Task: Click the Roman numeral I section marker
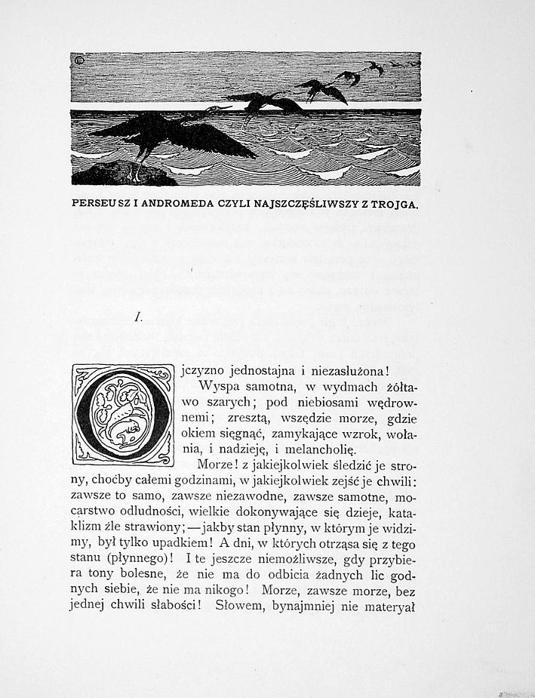click(139, 319)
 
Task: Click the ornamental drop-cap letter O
click(122, 415)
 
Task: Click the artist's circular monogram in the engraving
click(76, 58)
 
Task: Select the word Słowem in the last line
click(239, 604)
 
